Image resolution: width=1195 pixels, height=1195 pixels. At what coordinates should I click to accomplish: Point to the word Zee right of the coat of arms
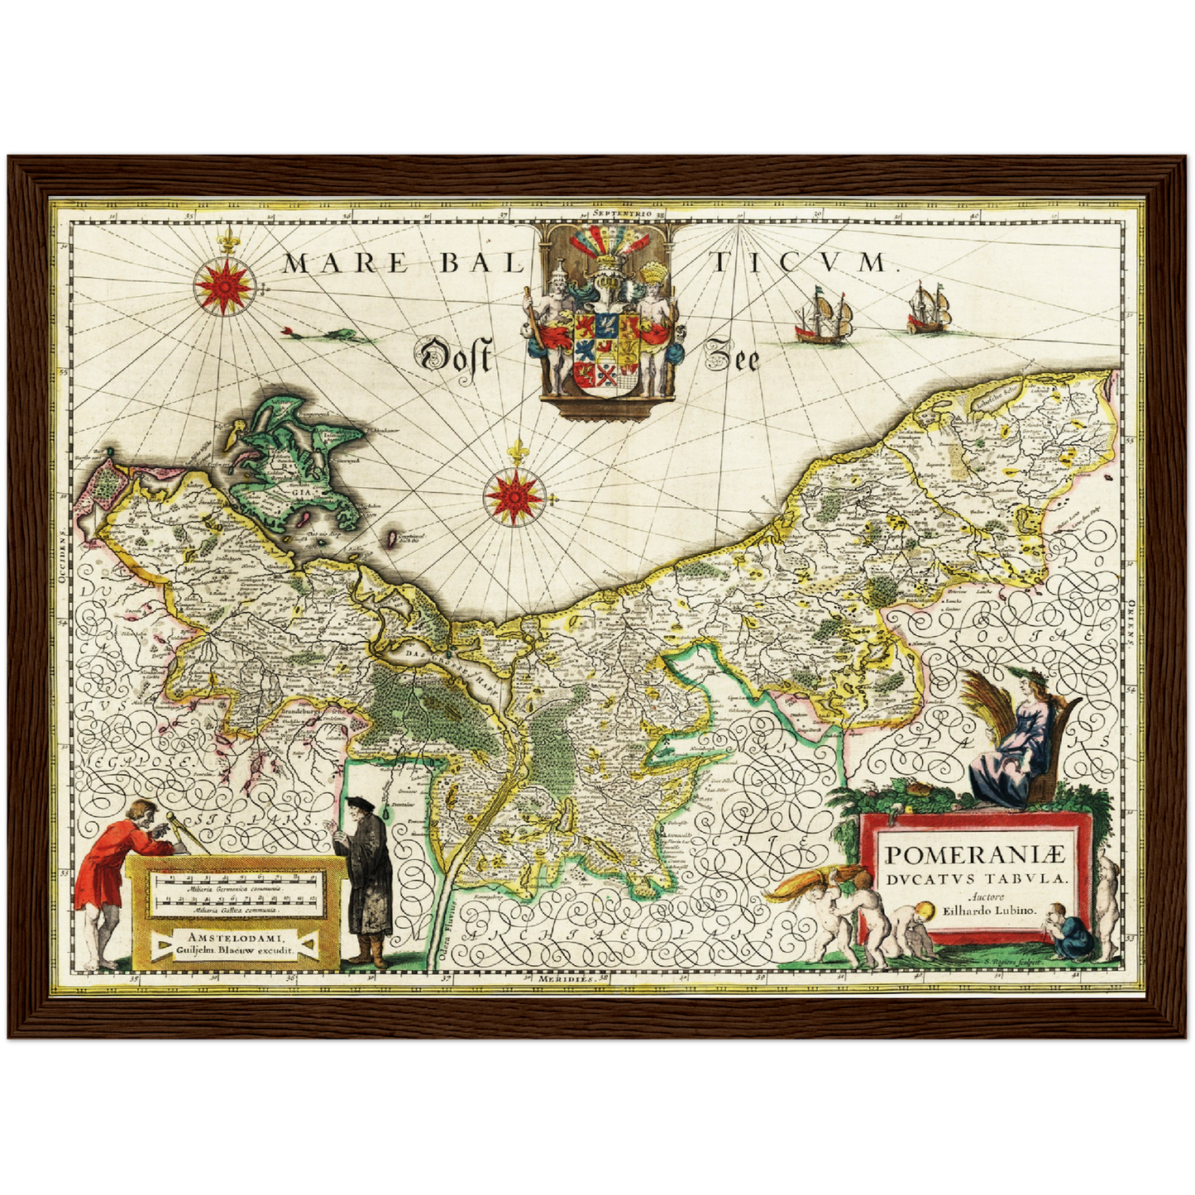[731, 358]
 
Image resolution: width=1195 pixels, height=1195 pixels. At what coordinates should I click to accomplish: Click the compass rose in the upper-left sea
[224, 285]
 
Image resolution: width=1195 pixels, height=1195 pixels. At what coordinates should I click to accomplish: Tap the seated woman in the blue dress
[1013, 744]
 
